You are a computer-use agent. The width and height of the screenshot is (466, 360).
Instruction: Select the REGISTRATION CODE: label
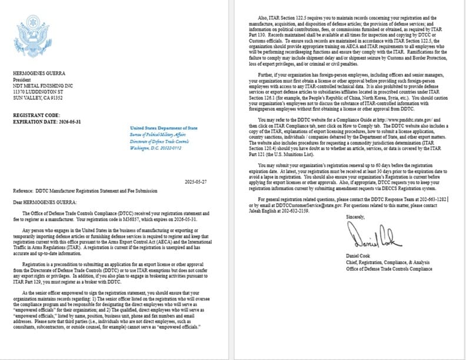point(36,115)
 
